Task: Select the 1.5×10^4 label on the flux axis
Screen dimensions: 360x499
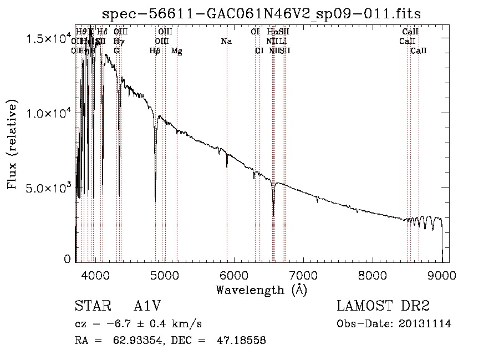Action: coord(50,39)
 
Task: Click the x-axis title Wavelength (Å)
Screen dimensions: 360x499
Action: coord(261,289)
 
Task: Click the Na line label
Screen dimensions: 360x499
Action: coord(226,41)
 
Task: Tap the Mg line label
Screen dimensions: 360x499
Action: coord(176,51)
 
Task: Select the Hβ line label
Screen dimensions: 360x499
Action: coord(155,51)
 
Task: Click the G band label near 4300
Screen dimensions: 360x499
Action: coord(116,51)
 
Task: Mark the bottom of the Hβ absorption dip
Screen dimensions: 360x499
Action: coord(155,199)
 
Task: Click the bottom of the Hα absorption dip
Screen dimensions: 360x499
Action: coord(273,215)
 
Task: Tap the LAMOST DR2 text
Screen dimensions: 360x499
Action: coord(383,306)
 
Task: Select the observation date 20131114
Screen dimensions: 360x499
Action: coord(427,324)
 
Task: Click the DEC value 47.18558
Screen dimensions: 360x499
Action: coord(243,341)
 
